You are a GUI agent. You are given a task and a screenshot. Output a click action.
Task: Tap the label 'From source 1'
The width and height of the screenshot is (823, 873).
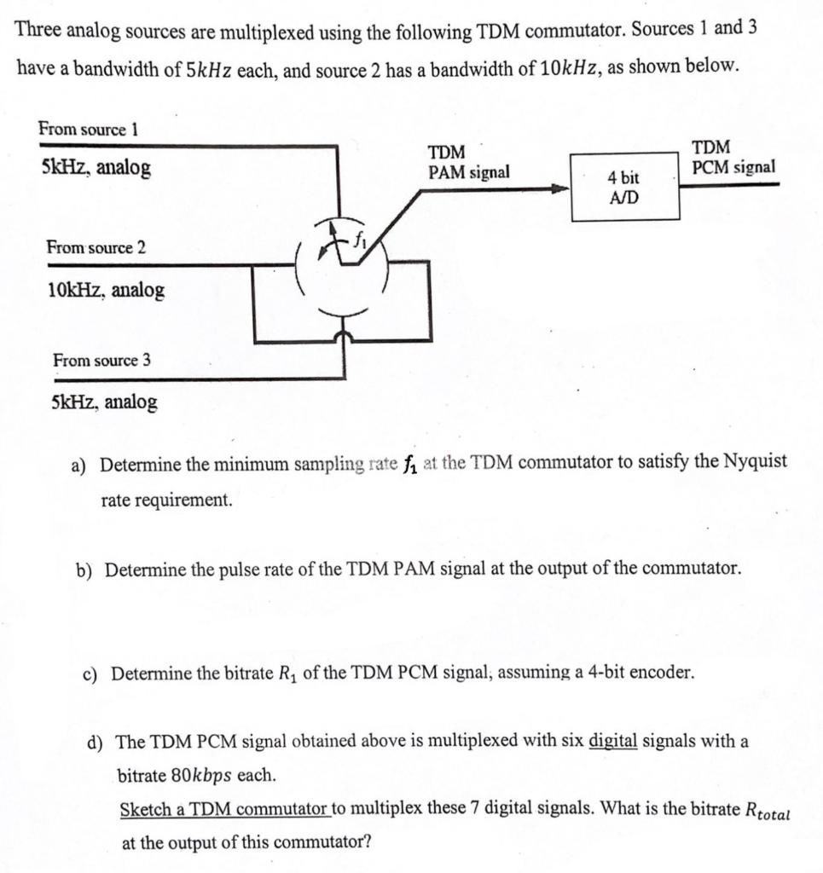(x=88, y=130)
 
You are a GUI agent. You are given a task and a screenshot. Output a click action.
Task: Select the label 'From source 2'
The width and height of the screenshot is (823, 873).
(x=96, y=248)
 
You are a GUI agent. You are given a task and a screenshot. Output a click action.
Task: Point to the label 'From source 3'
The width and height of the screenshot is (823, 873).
(x=101, y=361)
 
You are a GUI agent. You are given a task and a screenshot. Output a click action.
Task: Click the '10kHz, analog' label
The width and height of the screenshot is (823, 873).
(x=106, y=291)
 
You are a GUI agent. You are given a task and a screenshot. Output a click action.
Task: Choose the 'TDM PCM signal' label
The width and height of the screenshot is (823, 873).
(x=733, y=158)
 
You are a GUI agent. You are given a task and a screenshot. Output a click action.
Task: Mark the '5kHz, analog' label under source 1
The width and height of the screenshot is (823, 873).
(x=96, y=168)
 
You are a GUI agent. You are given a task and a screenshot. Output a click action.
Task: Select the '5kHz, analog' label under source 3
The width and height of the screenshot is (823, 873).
(x=104, y=402)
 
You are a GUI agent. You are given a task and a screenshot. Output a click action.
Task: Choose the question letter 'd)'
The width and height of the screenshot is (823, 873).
(x=96, y=742)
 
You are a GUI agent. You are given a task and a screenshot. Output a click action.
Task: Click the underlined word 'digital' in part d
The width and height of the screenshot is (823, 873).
(x=613, y=740)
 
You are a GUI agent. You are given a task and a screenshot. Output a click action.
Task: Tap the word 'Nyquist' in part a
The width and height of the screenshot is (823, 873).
(x=755, y=463)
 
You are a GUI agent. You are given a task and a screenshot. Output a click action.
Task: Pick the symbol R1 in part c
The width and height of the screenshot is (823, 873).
(x=287, y=674)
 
